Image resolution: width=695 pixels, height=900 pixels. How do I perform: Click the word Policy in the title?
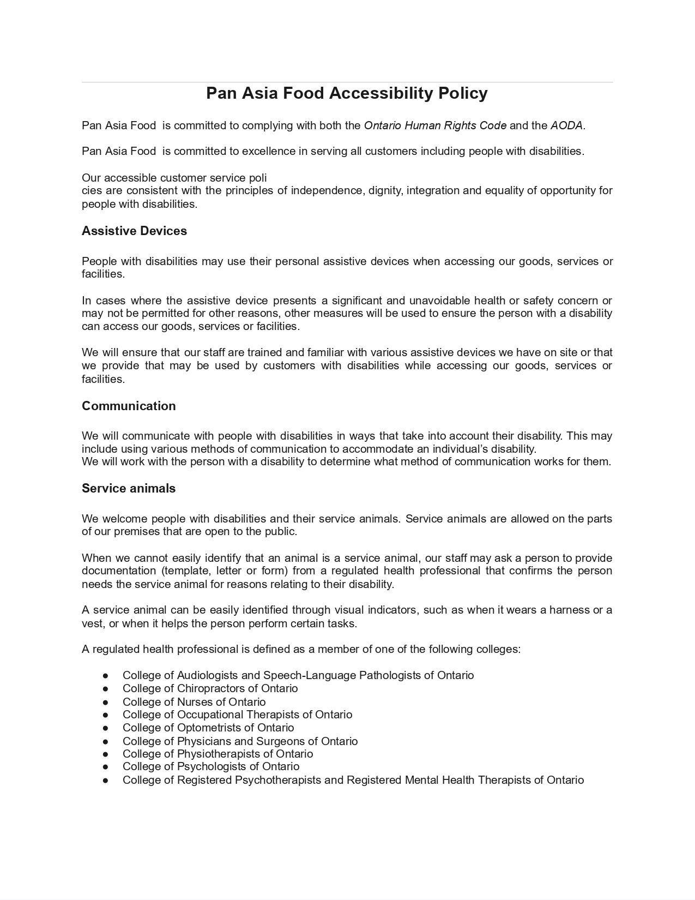tap(463, 93)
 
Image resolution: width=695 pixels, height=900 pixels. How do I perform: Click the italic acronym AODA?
tap(566, 125)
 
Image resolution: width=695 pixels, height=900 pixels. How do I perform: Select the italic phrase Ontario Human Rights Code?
tap(435, 125)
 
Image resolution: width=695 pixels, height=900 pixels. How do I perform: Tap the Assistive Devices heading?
tap(134, 231)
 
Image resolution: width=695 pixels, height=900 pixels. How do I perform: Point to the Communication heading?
tap(129, 406)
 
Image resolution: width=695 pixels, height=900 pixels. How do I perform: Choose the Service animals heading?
tap(129, 488)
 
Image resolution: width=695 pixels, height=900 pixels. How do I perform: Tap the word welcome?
tap(125, 519)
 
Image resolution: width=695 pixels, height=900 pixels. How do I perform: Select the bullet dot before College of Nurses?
tap(105, 703)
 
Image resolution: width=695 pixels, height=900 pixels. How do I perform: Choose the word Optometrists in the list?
tap(209, 728)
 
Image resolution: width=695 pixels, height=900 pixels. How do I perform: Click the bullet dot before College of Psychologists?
tap(105, 767)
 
